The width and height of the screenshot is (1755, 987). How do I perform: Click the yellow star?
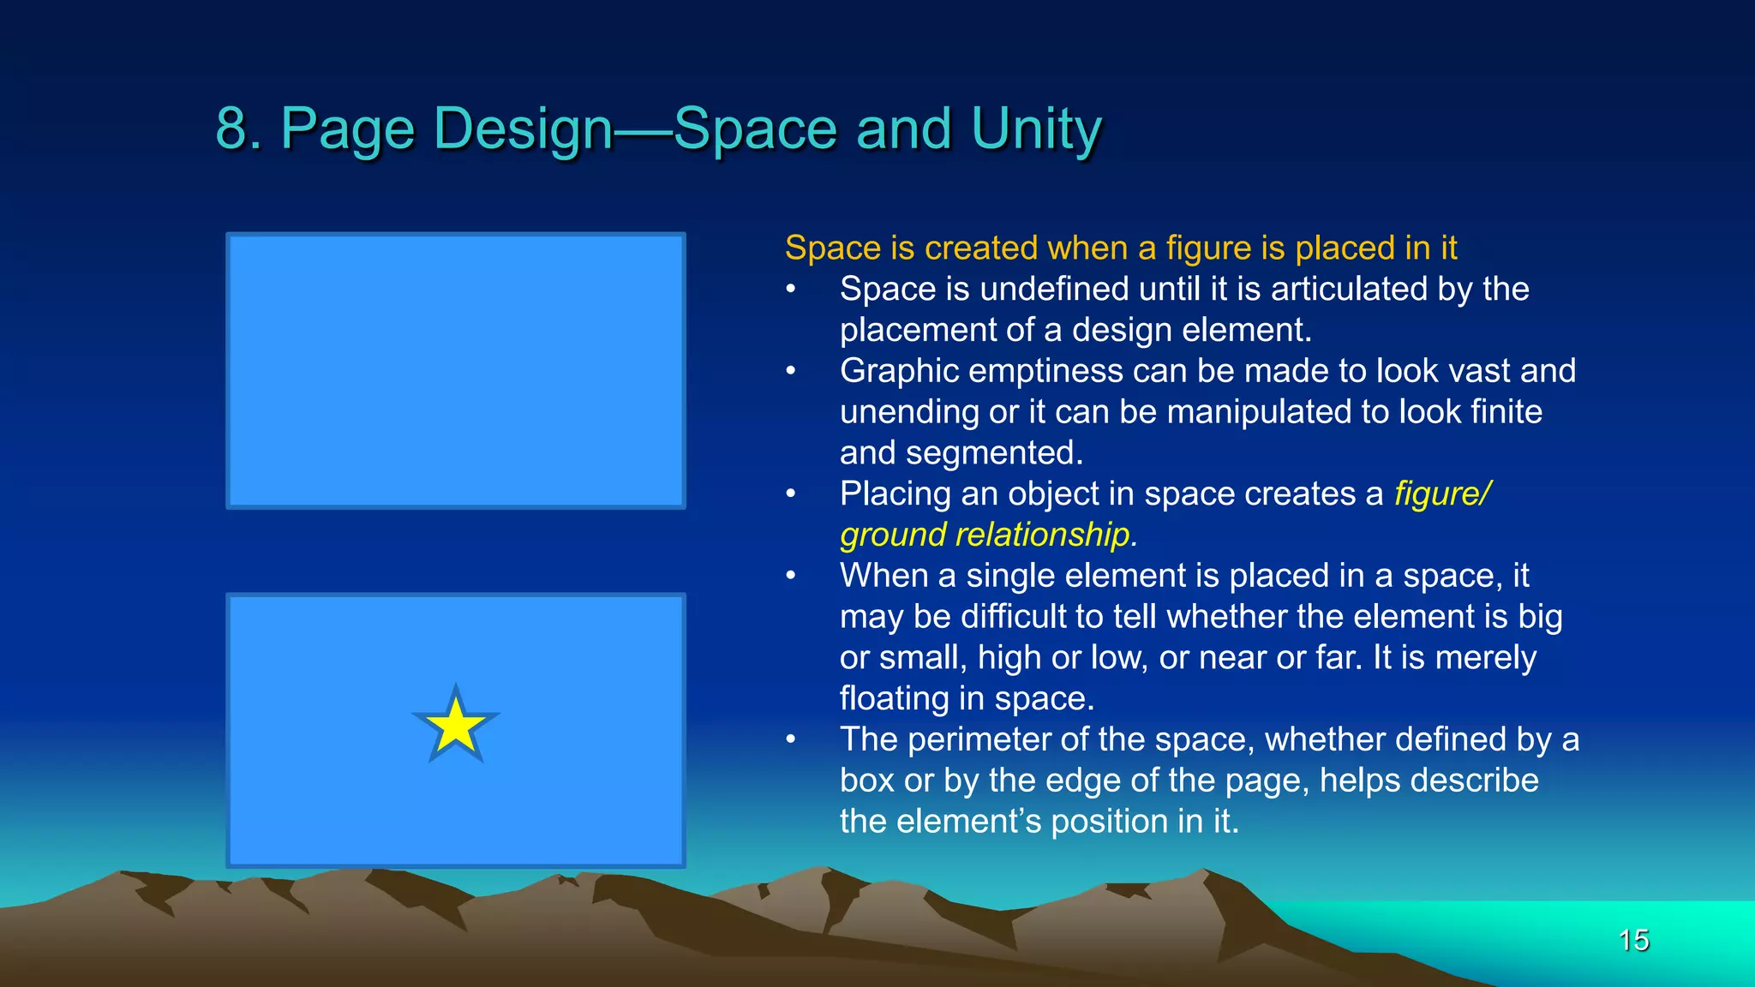[456, 727]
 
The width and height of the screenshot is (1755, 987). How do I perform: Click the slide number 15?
[1633, 940]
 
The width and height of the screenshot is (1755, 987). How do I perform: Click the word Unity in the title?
[1036, 129]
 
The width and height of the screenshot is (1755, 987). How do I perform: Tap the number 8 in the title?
[231, 129]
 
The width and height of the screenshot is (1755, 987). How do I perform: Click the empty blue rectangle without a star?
[456, 370]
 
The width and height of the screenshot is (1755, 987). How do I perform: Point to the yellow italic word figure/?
[1442, 493]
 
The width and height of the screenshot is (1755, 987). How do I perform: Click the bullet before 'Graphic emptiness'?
[791, 371]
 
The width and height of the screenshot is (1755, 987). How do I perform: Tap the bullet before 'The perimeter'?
[791, 739]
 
